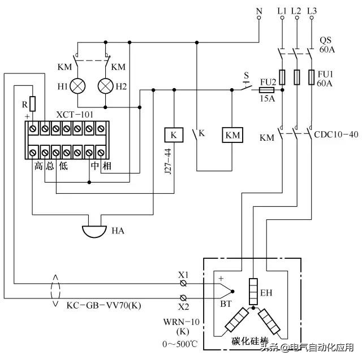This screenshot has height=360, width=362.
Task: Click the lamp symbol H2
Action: tap(106, 86)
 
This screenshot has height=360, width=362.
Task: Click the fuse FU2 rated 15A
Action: tap(267, 89)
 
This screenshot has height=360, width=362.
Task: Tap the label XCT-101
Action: tap(75, 114)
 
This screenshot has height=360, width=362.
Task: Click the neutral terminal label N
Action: tap(259, 11)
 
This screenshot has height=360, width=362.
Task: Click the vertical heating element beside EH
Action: tap(253, 289)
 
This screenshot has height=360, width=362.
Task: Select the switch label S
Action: tap(245, 75)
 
